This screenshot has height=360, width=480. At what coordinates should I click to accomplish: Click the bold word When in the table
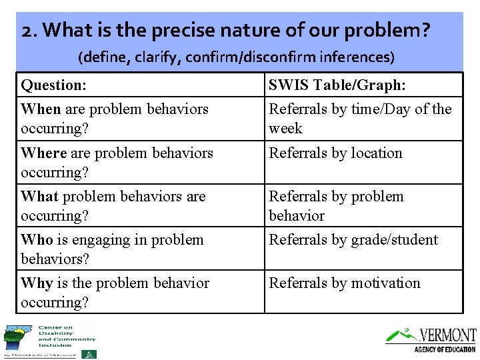click(41, 109)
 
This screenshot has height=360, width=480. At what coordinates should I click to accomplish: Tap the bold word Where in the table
click(44, 153)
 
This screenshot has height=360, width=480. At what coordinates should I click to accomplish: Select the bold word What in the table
click(39, 197)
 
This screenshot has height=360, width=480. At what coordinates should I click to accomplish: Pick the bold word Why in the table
click(37, 283)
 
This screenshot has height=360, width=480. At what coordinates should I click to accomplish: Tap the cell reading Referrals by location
click(335, 153)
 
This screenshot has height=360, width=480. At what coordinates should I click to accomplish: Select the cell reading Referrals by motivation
click(344, 283)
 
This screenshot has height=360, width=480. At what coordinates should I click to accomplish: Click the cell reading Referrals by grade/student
click(353, 240)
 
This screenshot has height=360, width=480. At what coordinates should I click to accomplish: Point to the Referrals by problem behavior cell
click(336, 206)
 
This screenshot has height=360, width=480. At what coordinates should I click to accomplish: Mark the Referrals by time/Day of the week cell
click(360, 118)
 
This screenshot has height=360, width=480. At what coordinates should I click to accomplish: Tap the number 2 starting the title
click(26, 31)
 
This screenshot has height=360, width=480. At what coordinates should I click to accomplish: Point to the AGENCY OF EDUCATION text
click(445, 349)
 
